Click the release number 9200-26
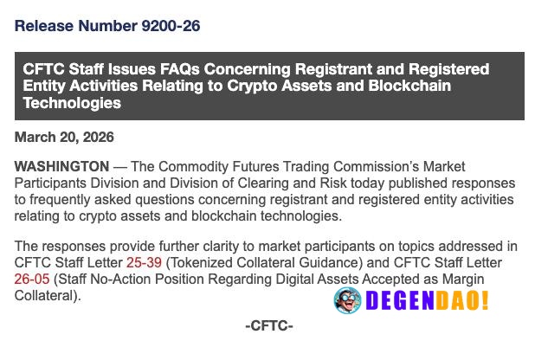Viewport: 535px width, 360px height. click(x=171, y=26)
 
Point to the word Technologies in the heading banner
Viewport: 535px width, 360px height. click(x=72, y=104)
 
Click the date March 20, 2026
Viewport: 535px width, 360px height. click(x=64, y=138)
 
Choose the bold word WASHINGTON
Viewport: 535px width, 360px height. click(x=61, y=166)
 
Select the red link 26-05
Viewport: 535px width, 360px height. click(x=33, y=279)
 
